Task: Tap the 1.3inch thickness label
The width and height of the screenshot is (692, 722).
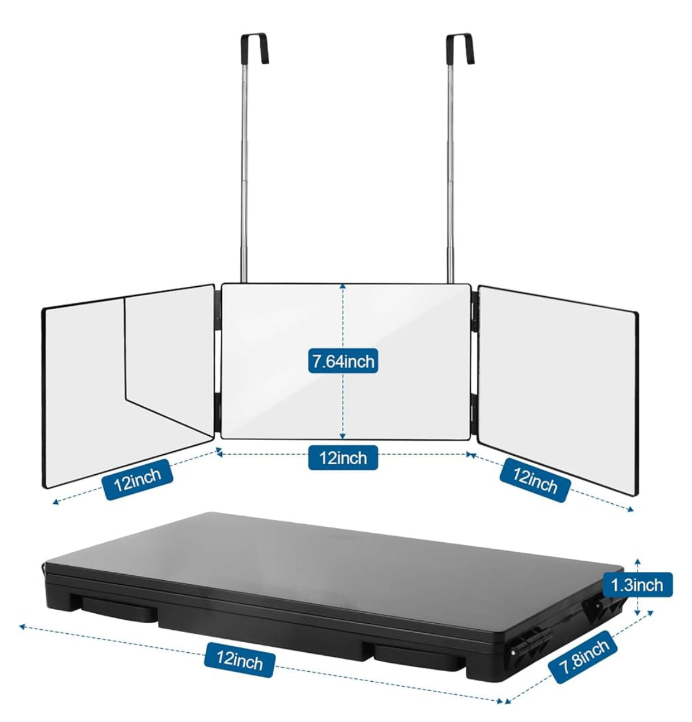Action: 636,585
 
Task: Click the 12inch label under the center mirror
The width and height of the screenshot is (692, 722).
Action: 343,457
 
